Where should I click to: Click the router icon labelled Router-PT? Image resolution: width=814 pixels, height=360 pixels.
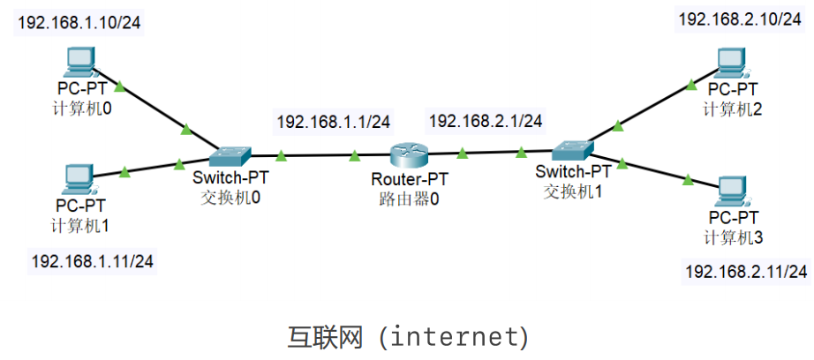point(408,154)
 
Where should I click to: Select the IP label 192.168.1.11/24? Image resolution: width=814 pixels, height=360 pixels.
point(92,260)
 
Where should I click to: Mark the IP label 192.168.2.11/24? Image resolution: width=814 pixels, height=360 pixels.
point(746,272)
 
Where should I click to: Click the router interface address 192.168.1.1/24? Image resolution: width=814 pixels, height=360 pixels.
point(333,122)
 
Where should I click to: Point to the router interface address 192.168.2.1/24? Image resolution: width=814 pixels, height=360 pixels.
point(484,121)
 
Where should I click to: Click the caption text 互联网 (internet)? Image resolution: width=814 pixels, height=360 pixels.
point(408,336)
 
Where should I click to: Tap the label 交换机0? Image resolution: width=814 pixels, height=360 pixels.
point(230,196)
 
